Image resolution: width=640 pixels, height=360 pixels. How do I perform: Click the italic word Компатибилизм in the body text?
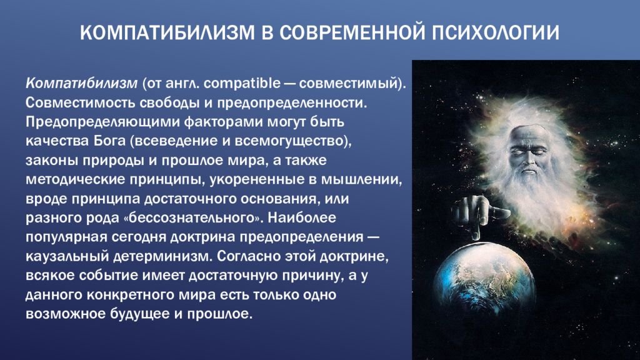click(82, 83)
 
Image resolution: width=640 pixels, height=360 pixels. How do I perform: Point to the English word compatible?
click(242, 83)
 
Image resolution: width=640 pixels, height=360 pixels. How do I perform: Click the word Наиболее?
click(302, 217)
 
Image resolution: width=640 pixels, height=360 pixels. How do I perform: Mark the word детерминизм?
click(163, 256)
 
